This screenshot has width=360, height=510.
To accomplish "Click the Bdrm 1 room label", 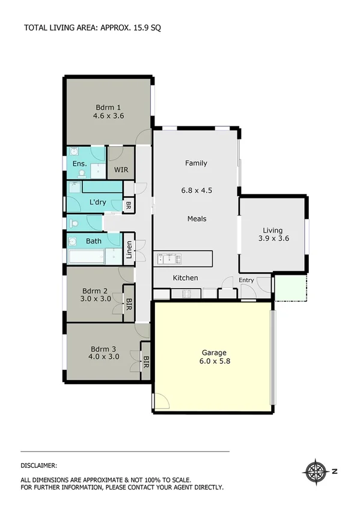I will (108, 108).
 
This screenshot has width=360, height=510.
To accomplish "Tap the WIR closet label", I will (121, 170).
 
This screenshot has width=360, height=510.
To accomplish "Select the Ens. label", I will (79, 164).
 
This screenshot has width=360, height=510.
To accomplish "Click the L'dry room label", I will (97, 202).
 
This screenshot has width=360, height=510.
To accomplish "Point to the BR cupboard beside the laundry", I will (128, 206).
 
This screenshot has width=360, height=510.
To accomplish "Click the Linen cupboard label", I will (129, 250).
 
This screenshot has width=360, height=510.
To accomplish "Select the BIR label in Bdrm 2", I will (128, 302).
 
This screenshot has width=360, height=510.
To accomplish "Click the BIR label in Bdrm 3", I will (145, 362).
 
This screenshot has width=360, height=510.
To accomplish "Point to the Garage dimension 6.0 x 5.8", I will (215, 361).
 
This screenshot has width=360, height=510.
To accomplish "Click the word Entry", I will (246, 280).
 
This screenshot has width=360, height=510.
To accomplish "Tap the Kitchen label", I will (185, 278).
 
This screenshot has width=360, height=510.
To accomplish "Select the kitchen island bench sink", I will (169, 259).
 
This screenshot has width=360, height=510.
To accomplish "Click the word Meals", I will (197, 219).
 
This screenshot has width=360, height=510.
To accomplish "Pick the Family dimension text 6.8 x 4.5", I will (197, 190).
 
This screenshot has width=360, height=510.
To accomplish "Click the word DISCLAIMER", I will (39, 465).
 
